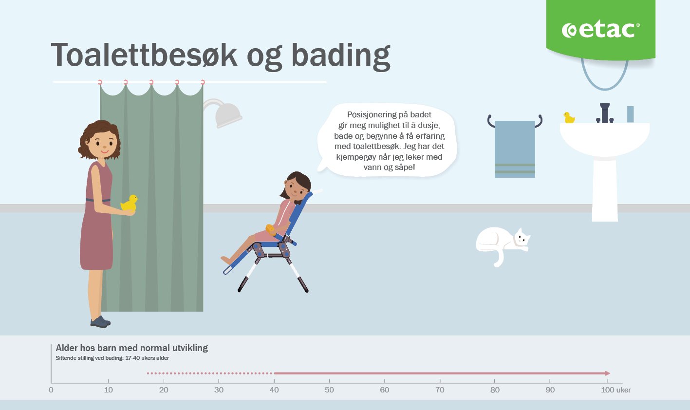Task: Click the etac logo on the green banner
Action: (x=600, y=30)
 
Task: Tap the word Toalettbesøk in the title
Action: (x=144, y=55)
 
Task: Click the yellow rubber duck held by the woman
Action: (x=129, y=204)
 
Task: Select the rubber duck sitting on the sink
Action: (x=569, y=118)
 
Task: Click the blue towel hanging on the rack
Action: (x=515, y=149)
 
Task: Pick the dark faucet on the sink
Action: (x=605, y=113)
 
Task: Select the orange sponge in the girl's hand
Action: (x=270, y=229)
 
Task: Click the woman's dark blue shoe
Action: (x=100, y=322)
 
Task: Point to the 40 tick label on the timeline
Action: (x=274, y=390)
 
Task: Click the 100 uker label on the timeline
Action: (x=616, y=390)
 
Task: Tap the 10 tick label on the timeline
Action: (x=108, y=390)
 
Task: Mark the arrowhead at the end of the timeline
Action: (x=607, y=373)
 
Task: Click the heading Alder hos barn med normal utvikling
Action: (x=132, y=348)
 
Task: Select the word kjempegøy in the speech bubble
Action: (x=356, y=157)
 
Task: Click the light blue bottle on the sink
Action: (x=631, y=114)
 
